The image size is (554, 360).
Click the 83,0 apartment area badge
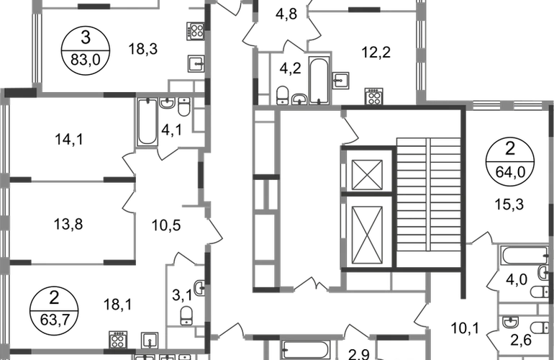click(x=86, y=51)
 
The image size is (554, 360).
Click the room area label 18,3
click(x=142, y=49)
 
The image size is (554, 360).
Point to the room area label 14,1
click(x=69, y=139)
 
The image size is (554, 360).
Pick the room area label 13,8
click(x=68, y=224)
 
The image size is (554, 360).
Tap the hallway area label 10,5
click(x=166, y=225)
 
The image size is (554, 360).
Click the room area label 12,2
click(x=376, y=53)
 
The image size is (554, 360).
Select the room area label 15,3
click(x=509, y=204)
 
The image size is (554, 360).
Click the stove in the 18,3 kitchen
click(x=196, y=30)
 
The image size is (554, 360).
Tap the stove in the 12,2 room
click(x=373, y=96)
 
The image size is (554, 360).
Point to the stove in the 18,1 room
click(x=118, y=340)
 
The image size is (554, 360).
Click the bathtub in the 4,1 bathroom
click(x=147, y=122)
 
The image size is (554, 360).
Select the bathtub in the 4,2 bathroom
click(x=319, y=80)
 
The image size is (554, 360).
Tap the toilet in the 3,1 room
click(x=186, y=315)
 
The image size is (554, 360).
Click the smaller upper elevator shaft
click(x=367, y=175)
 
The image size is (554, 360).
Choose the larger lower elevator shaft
click(x=367, y=235)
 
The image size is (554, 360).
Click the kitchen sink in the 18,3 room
click(x=196, y=64)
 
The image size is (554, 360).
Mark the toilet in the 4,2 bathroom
click(x=283, y=95)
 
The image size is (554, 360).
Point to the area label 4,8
click(x=286, y=14)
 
